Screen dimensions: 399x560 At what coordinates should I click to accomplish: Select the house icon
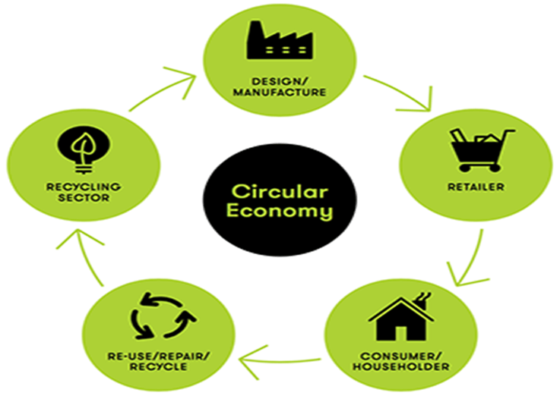[x=400, y=318]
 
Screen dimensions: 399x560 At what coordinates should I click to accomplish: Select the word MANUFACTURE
[x=280, y=93]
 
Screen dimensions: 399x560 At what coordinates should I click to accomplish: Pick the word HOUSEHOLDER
[x=403, y=367]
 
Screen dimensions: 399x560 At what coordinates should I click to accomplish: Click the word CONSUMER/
[x=403, y=355]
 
